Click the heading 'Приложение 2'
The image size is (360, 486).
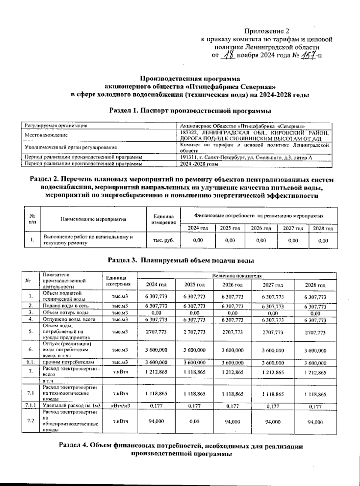(267, 31)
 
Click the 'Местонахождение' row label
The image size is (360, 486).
(46, 135)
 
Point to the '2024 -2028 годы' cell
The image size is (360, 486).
(199, 164)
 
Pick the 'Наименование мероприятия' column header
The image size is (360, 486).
(93, 219)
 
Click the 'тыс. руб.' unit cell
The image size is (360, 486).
(163, 240)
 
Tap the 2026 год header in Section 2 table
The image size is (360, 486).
(261, 228)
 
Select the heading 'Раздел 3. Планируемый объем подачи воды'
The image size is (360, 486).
(181, 260)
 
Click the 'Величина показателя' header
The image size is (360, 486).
(237, 275)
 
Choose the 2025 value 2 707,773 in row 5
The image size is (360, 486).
(194, 332)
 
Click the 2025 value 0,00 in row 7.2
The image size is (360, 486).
(194, 421)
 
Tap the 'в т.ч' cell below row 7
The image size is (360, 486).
(48, 381)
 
